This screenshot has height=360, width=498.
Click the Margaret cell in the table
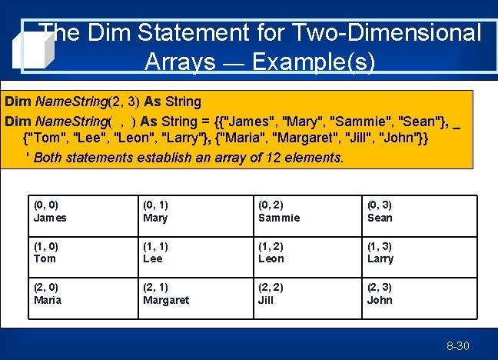point(193,294)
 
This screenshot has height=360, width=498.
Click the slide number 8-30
point(457,346)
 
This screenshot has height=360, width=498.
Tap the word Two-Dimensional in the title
point(380,32)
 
